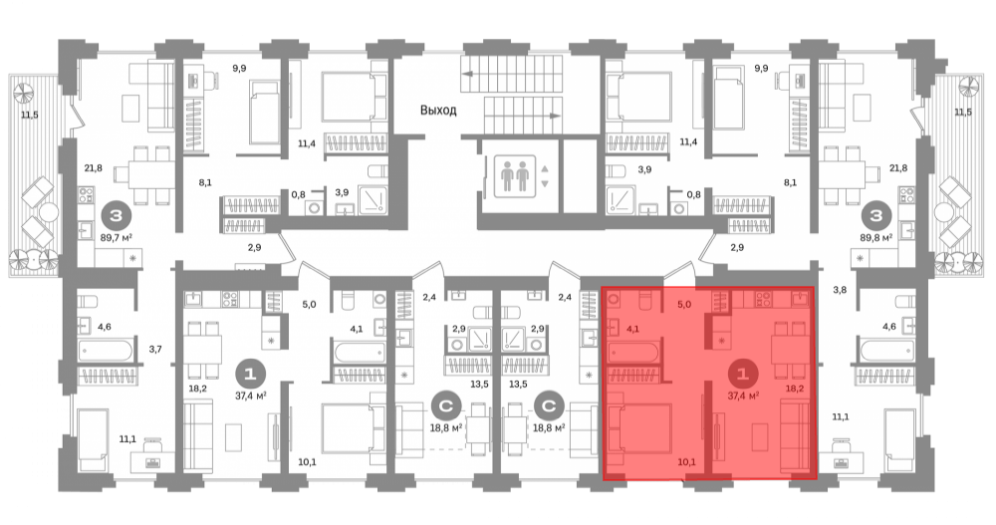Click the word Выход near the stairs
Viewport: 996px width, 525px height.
pyautogui.click(x=438, y=110)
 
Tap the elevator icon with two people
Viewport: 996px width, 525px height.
pyautogui.click(x=515, y=176)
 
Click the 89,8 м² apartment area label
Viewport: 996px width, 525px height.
pyautogui.click(x=876, y=237)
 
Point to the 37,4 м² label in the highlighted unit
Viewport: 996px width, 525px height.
pyautogui.click(x=743, y=395)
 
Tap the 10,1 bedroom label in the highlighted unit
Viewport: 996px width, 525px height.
pyautogui.click(x=686, y=462)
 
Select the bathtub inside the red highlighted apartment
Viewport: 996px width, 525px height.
pyautogui.click(x=634, y=351)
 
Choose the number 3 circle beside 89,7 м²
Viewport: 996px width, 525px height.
pyautogui.click(x=116, y=216)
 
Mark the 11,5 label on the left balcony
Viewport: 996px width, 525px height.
pyautogui.click(x=30, y=115)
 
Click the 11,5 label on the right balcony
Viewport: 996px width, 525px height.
pyautogui.click(x=963, y=113)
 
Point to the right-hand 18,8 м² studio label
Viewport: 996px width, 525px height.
pyautogui.click(x=550, y=428)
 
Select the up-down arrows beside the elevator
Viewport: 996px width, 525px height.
pyautogui.click(x=545, y=176)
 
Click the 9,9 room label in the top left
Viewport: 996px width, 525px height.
pyautogui.click(x=239, y=68)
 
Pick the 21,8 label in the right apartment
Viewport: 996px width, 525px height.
pyautogui.click(x=898, y=168)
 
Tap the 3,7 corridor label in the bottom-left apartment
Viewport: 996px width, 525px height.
pyautogui.click(x=155, y=349)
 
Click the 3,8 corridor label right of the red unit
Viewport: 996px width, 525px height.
pyautogui.click(x=840, y=290)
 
